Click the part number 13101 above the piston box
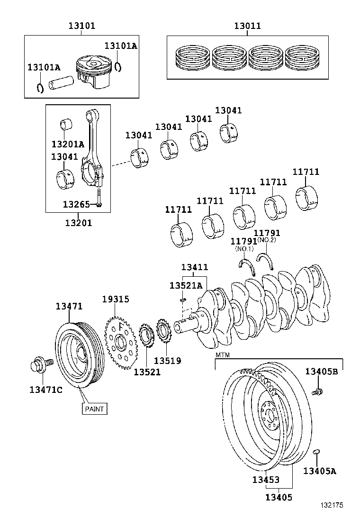click(x=81, y=25)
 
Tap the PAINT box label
click(x=94, y=408)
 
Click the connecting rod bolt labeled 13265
click(x=99, y=198)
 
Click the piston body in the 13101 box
click(x=95, y=72)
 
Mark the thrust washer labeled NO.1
click(x=248, y=266)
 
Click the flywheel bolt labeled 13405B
click(x=317, y=391)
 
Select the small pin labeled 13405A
click(x=317, y=452)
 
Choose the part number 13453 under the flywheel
click(x=265, y=480)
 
